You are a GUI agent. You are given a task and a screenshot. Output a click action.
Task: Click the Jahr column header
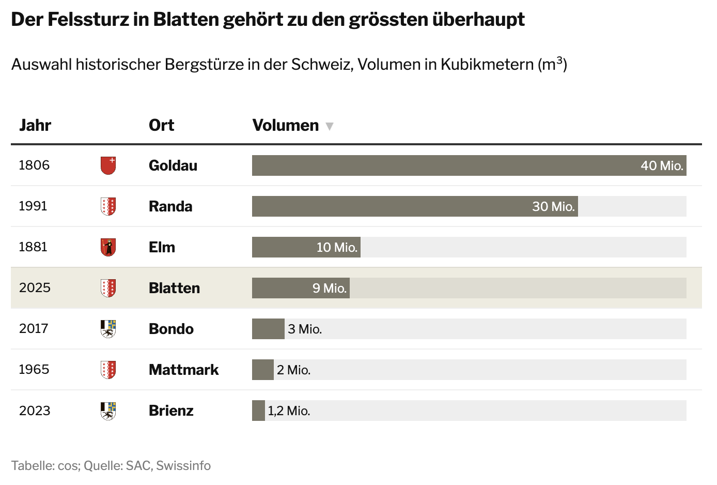(35, 125)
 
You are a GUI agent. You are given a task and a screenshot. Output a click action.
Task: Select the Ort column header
(161, 125)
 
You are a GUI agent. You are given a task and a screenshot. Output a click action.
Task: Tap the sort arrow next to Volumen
(330, 126)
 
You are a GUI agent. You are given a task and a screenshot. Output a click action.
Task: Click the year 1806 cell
(34, 165)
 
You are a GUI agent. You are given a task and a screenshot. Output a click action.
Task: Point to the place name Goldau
(173, 165)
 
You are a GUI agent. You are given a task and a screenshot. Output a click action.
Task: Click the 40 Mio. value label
(662, 165)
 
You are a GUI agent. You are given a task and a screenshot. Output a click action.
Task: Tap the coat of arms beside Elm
(108, 247)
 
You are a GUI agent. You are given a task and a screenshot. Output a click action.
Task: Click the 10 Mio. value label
(337, 247)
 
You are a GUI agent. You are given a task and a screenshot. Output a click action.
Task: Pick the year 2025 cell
(35, 287)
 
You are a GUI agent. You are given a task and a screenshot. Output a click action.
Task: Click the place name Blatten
(174, 288)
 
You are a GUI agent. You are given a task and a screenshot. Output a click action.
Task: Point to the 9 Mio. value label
(330, 288)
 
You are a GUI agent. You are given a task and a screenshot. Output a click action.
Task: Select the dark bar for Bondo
(268, 329)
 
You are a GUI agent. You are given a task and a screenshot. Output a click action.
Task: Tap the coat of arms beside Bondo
(108, 329)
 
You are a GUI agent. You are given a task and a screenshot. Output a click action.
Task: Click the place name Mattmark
(183, 370)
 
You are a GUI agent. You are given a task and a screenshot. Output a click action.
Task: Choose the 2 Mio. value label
(293, 370)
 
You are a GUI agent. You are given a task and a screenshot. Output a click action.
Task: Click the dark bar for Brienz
(258, 411)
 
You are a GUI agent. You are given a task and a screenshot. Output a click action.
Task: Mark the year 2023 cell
(35, 411)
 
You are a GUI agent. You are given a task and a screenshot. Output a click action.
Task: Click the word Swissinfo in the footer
(183, 465)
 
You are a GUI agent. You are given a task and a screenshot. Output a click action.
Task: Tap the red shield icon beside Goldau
(108, 165)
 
